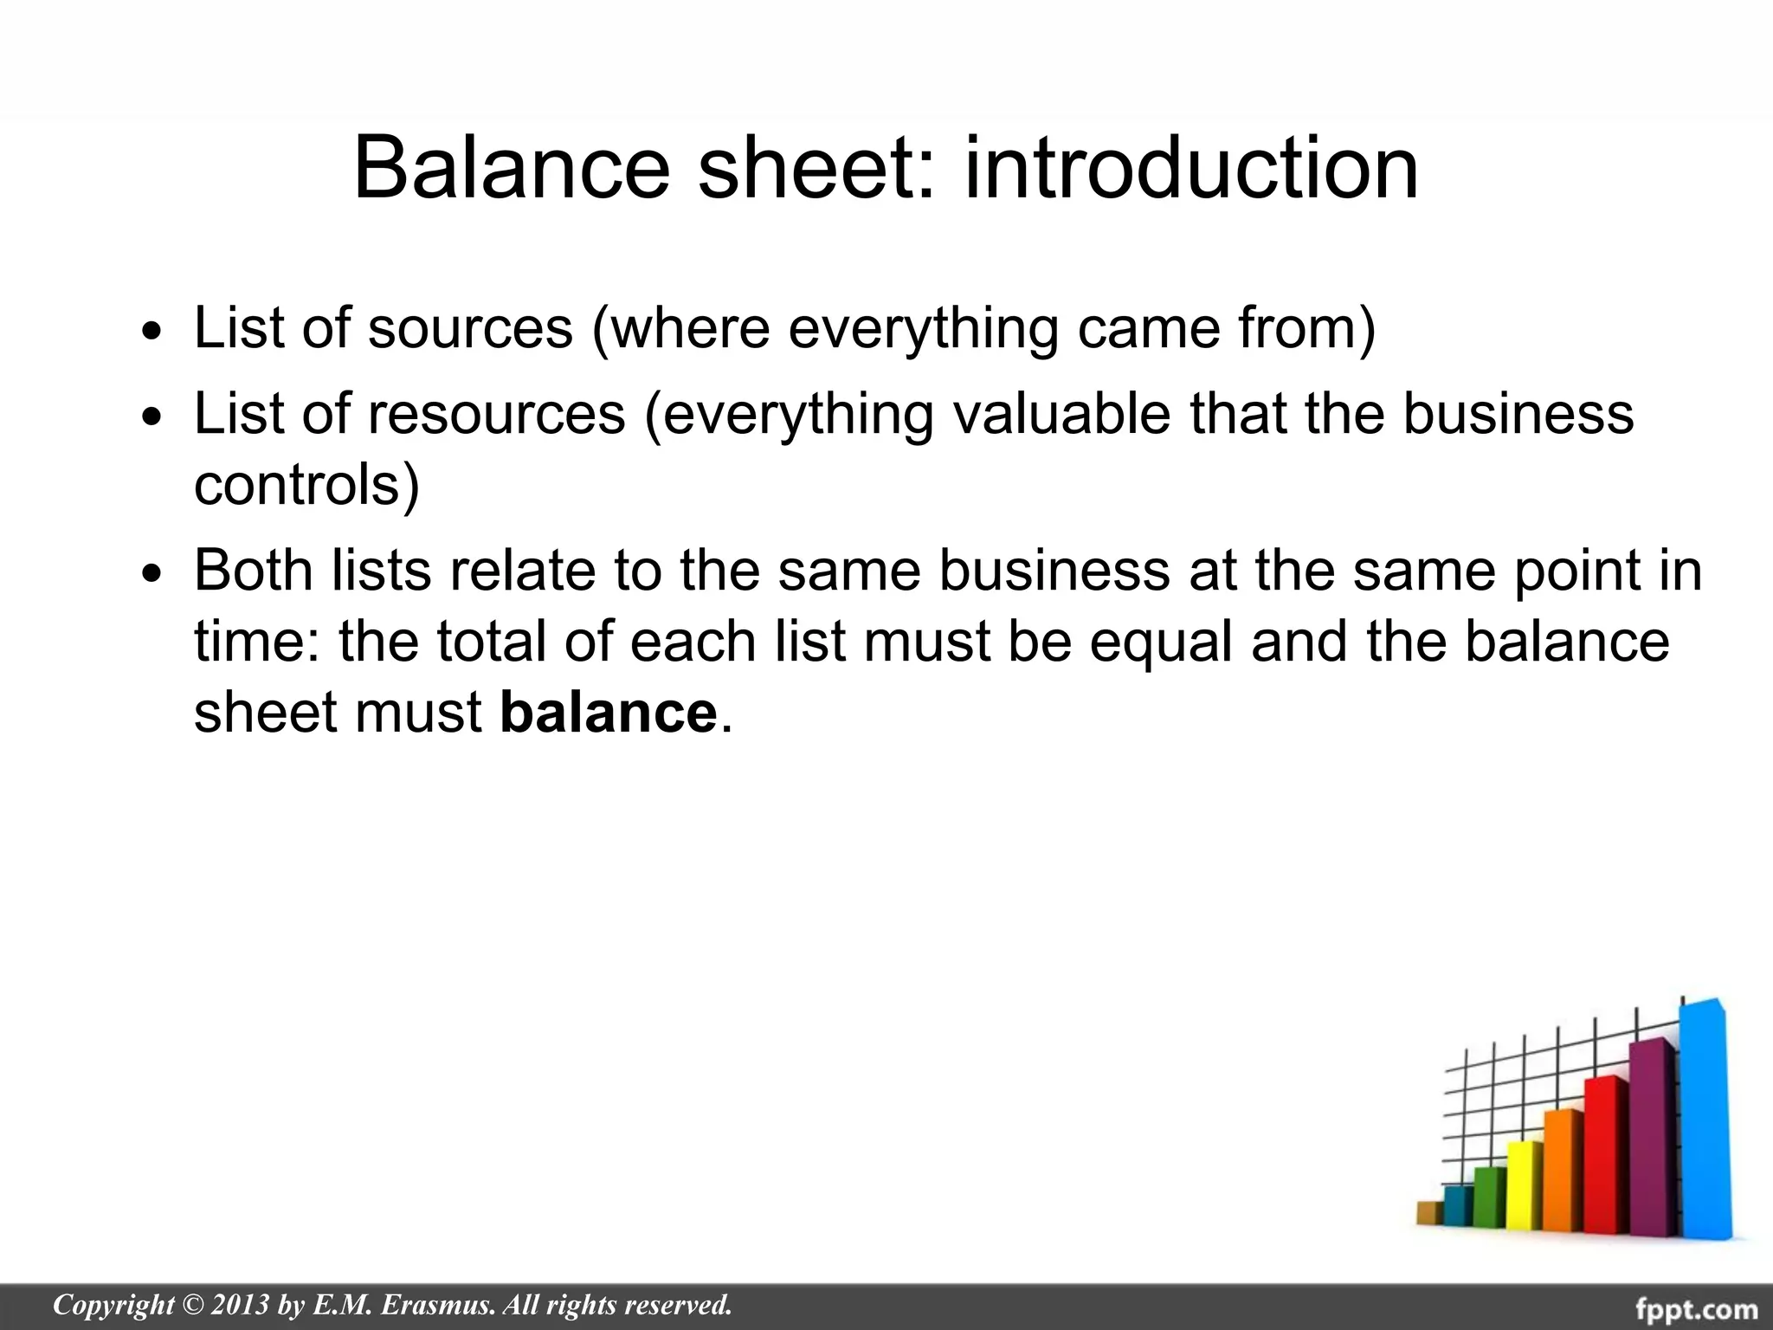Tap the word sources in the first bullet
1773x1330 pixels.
[470, 328]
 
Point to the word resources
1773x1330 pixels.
[496, 413]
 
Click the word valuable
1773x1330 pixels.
[1061, 413]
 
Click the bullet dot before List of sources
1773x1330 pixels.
[152, 332]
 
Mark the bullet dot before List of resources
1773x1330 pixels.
[152, 417]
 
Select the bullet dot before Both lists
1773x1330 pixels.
[152, 575]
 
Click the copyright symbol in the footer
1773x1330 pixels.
[192, 1304]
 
